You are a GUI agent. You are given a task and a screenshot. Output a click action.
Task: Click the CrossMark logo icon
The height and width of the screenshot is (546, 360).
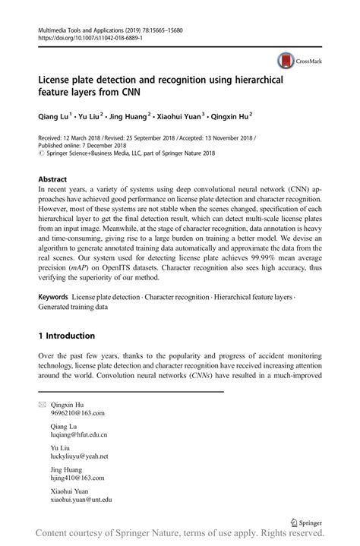286,61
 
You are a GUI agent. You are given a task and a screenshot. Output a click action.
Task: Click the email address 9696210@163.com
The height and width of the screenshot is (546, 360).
77,413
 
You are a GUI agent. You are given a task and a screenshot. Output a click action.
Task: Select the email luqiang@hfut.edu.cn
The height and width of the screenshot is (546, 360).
79,435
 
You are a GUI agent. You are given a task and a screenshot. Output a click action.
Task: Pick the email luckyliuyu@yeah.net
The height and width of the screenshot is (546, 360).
79,456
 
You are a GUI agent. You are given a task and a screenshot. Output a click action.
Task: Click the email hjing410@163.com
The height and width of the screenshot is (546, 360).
77,478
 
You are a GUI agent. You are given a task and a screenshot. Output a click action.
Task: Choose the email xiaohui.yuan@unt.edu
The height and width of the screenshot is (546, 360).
81,500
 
